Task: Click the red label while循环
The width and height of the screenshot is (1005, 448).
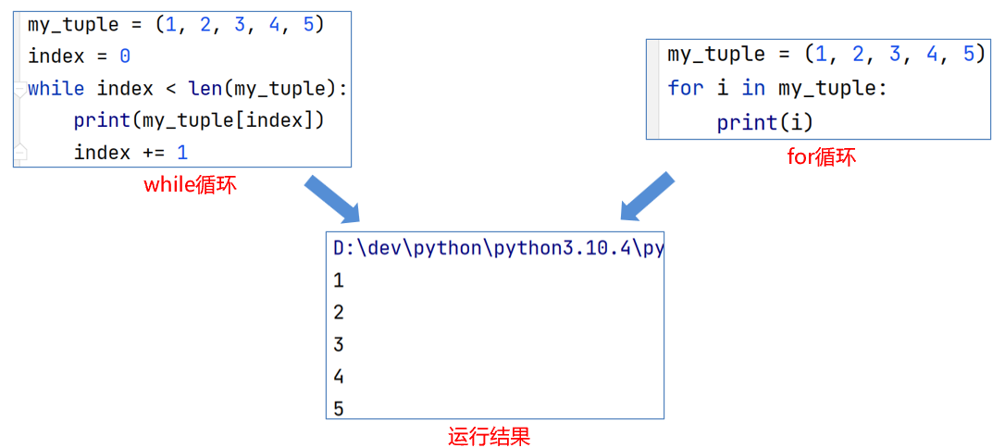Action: coord(190,184)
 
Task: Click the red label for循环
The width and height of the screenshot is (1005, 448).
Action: coord(821,156)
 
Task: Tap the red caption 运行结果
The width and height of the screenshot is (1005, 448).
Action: coord(489,436)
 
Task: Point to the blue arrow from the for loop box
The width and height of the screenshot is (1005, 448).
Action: coord(647,196)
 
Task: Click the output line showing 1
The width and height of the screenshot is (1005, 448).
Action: coord(339,280)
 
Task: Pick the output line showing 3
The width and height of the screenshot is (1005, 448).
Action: coord(339,344)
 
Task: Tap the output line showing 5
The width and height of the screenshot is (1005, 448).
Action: coord(339,408)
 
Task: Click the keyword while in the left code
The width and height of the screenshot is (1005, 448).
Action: coord(56,89)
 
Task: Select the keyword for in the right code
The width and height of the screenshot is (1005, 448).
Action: coord(685,89)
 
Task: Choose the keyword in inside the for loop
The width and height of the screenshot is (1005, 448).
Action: coord(753,89)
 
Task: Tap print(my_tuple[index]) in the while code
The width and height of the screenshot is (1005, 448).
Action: coord(199,120)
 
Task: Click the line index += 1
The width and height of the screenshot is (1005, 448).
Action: coord(130,152)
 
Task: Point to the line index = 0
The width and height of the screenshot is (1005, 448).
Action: coord(80,56)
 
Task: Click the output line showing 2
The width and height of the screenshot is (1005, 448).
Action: coord(339,313)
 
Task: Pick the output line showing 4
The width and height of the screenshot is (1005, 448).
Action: coord(339,377)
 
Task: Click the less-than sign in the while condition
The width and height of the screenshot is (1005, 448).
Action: coord(177,89)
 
